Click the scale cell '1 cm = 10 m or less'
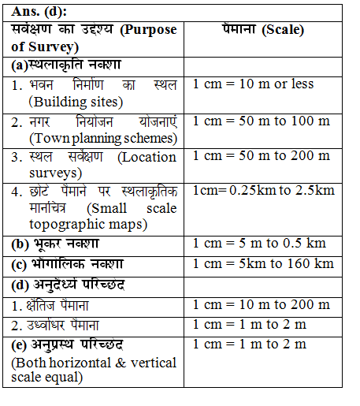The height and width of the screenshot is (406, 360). (x=253, y=84)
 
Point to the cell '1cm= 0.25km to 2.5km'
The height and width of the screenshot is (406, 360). (x=263, y=191)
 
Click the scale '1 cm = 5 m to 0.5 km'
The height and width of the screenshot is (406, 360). (x=259, y=243)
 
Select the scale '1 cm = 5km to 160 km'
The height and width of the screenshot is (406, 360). (x=263, y=263)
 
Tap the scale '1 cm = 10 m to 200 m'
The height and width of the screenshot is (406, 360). (x=261, y=304)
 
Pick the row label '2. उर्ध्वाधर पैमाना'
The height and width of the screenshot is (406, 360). (x=61, y=325)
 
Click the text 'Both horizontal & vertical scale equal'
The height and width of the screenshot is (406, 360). (x=95, y=370)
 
